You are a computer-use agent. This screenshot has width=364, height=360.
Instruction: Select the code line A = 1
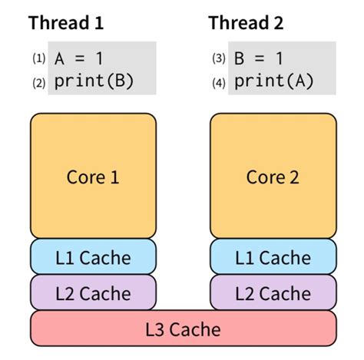coord(77,58)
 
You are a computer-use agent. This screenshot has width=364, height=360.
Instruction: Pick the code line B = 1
coord(257,58)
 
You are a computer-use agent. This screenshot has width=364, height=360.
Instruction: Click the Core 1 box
coord(93,177)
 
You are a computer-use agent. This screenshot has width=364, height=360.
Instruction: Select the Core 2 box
coord(273,177)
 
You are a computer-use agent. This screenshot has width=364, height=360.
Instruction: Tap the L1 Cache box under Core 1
coord(93,257)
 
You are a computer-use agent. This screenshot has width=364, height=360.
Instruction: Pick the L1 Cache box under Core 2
coord(273,257)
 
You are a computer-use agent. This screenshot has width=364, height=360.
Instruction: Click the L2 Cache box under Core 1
coord(93,292)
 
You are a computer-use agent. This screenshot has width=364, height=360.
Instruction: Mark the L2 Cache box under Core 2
coord(273,292)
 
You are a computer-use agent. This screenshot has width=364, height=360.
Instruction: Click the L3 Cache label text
coord(183,329)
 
